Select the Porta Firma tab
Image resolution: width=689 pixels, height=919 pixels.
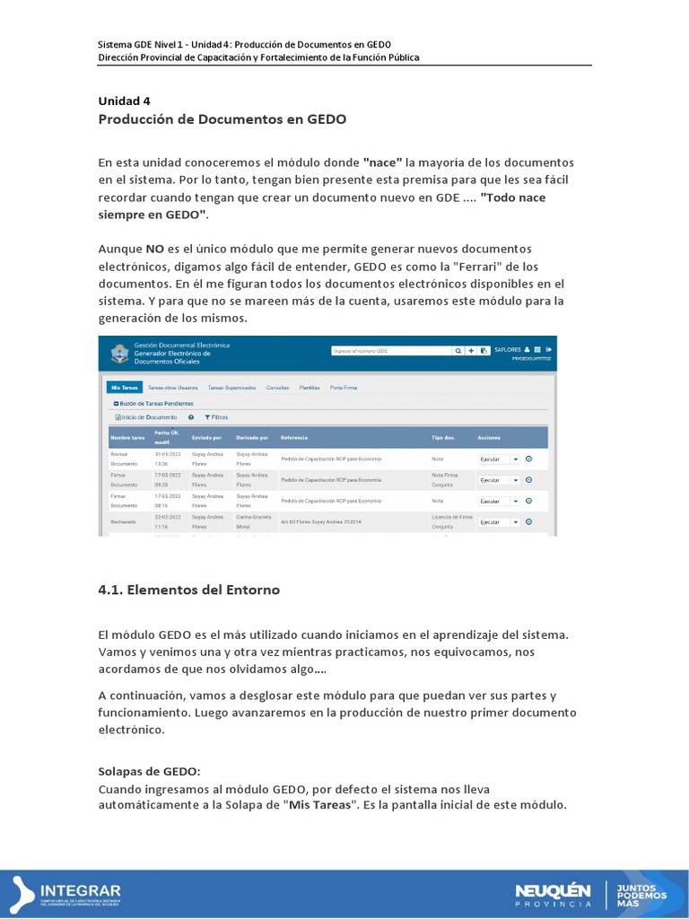pos(343,388)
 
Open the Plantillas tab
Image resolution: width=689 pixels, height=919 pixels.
pos(310,388)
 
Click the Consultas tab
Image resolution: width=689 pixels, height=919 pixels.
pos(277,388)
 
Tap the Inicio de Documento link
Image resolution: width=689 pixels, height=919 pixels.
pos(146,417)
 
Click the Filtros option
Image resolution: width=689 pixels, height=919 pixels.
pos(216,417)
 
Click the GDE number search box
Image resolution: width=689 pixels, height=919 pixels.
pos(389,351)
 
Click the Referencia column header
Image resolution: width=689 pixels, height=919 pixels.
pos(294,437)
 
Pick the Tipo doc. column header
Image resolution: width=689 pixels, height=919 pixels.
pos(444,437)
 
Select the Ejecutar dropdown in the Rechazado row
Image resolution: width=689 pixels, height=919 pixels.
pos(499,521)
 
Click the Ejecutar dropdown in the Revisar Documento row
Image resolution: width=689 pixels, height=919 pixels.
pos(499,459)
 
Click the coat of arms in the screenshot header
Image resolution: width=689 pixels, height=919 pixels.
pos(118,352)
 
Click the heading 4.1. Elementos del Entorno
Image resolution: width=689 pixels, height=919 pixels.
pos(188,590)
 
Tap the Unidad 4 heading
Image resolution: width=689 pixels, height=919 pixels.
pos(124,101)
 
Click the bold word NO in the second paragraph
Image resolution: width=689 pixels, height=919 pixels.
pos(155,248)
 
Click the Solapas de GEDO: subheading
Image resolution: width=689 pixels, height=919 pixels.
pos(149,772)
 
